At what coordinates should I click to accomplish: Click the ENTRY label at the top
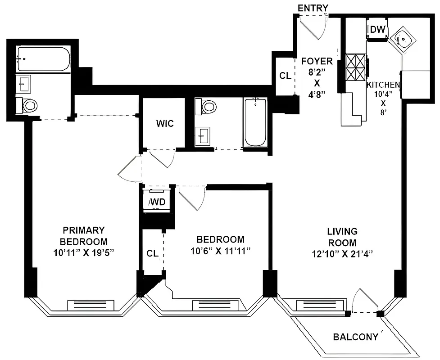tap(313, 8)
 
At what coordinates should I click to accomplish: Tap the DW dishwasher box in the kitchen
tap(377, 30)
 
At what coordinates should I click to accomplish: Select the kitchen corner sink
tap(404, 40)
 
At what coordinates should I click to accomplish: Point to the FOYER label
tap(317, 62)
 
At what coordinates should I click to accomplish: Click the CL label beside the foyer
tap(285, 76)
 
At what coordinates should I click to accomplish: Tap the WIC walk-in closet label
tap(165, 123)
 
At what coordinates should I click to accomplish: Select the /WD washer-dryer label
tap(157, 202)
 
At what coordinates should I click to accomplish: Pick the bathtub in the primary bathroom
tap(43, 58)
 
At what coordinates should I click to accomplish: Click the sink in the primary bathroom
tap(23, 83)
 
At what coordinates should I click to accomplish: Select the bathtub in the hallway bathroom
tap(255, 122)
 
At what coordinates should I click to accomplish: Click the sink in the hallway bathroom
tap(203, 135)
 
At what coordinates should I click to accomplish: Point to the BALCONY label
tap(355, 337)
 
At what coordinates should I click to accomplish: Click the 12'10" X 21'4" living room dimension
tap(342, 253)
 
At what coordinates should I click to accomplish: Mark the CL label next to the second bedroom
tap(152, 253)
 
